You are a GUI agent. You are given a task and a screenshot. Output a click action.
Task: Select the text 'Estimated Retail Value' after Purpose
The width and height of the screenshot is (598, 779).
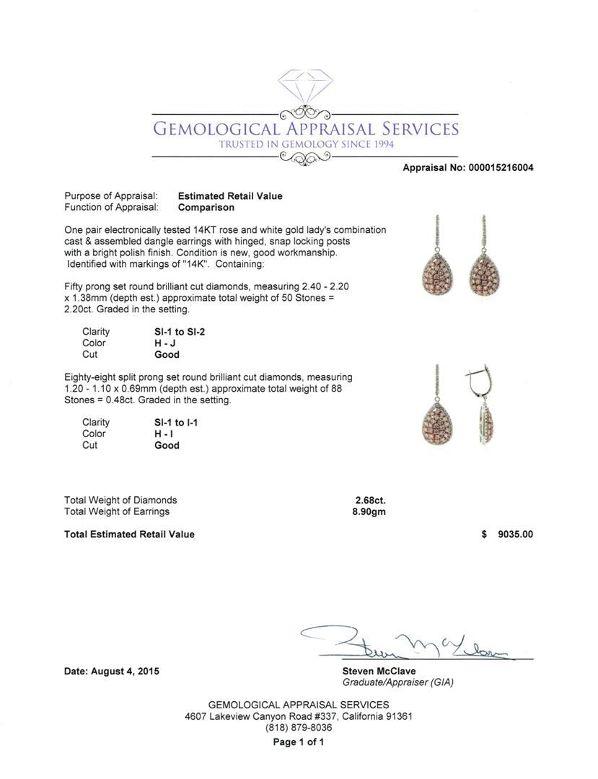(x=230, y=196)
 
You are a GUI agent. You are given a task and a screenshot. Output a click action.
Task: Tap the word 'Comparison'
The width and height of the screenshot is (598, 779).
(x=206, y=208)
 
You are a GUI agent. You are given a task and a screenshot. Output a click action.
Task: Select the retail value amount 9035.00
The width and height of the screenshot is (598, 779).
(x=515, y=534)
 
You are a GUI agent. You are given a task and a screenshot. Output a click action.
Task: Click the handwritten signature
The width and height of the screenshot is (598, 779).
(x=411, y=642)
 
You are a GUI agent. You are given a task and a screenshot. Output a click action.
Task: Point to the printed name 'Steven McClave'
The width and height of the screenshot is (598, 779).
(x=379, y=672)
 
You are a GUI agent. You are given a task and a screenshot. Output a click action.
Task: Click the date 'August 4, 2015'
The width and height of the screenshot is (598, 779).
(x=125, y=672)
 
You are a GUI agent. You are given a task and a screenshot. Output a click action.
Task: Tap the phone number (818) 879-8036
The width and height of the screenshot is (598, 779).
(x=299, y=728)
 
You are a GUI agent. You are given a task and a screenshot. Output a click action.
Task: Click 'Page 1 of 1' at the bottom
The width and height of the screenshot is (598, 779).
(x=298, y=742)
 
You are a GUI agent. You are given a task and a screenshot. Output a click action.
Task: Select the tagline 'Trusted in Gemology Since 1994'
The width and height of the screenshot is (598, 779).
(x=306, y=144)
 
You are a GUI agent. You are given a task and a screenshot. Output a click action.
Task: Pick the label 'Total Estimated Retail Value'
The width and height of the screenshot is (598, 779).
(x=129, y=534)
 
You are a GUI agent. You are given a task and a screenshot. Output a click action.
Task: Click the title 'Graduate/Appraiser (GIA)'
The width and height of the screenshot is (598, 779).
(x=398, y=682)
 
